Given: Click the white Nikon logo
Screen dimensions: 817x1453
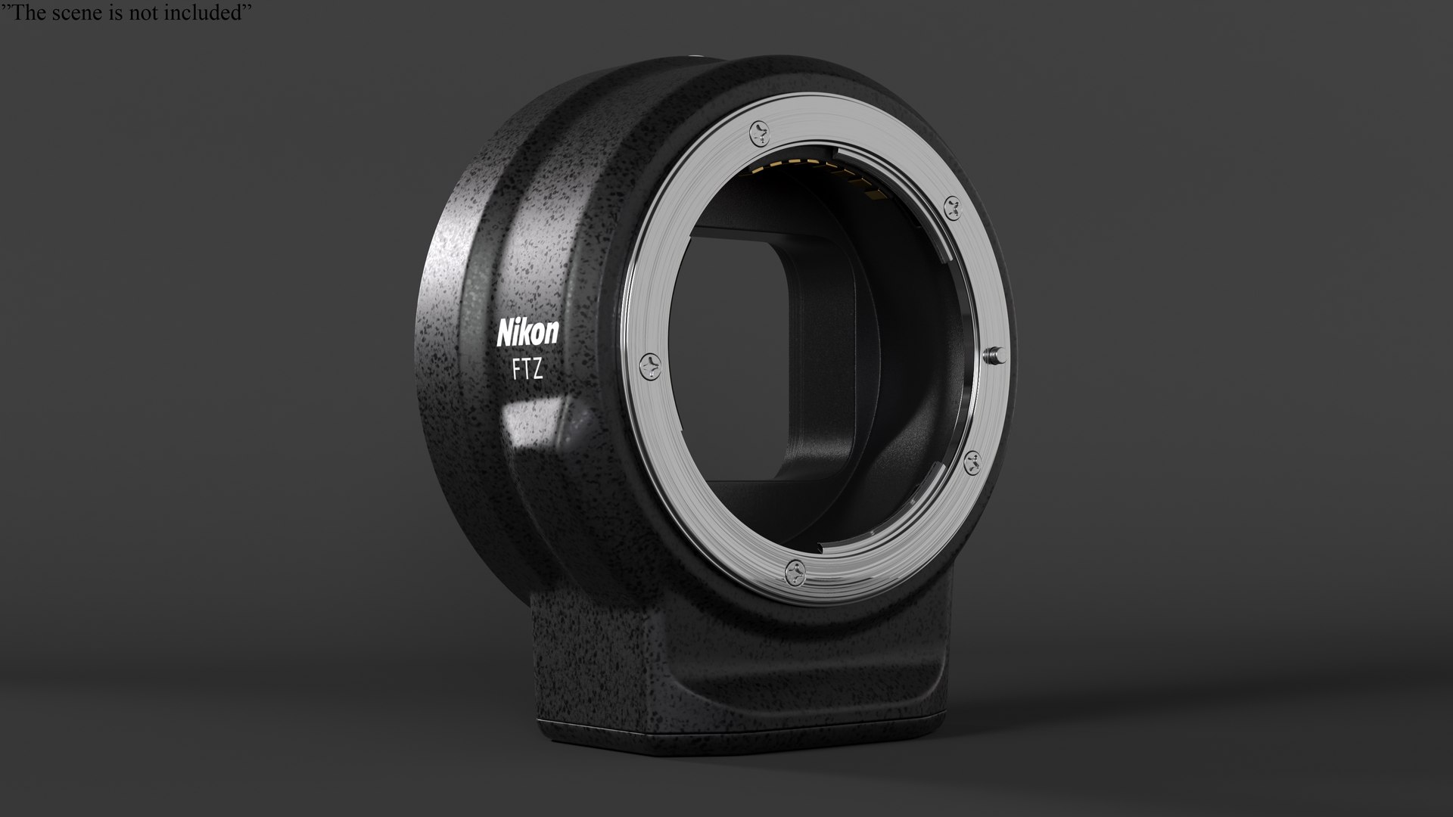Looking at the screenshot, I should coord(527,332).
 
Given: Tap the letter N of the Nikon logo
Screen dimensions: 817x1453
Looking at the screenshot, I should coord(505,334).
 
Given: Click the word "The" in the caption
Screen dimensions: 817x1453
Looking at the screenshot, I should coord(23,13).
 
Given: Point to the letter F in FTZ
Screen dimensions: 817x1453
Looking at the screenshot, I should coord(517,371).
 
